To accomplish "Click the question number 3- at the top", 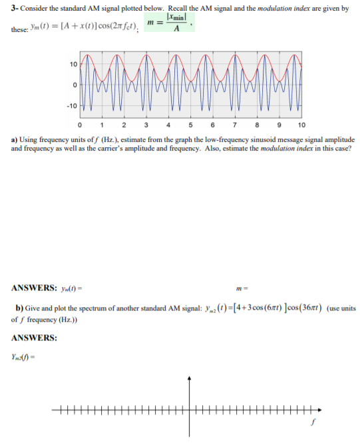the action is [x=15, y=8].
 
